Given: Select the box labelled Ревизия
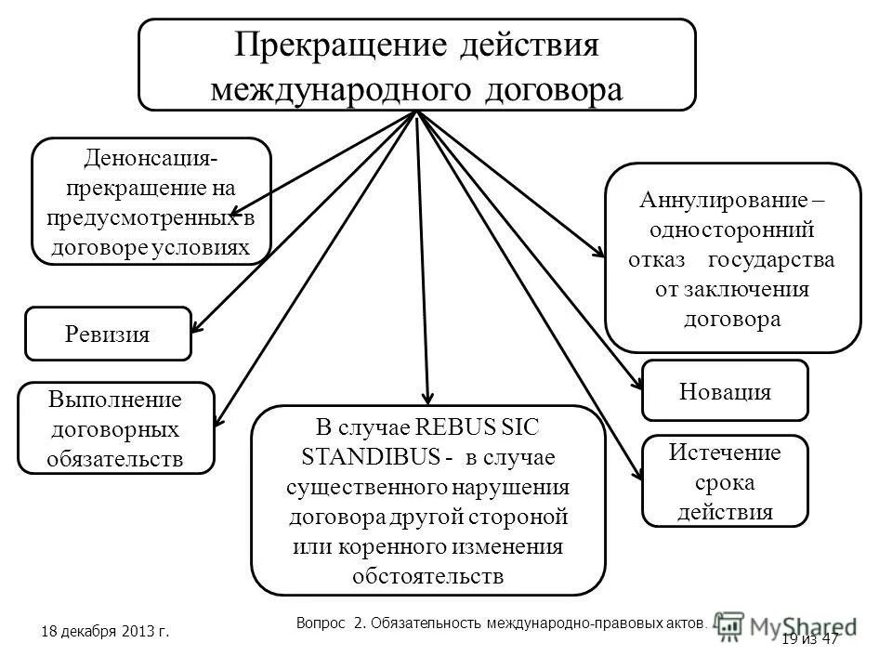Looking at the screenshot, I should tap(108, 334).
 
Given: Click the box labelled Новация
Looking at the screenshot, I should tap(725, 390).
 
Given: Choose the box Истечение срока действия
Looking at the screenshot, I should tap(725, 480).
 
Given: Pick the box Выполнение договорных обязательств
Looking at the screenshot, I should tap(116, 428).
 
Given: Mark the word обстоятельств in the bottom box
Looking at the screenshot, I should tap(428, 574).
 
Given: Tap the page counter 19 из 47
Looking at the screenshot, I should tap(810, 638).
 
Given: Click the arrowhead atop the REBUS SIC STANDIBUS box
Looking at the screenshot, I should tap(428, 398).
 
